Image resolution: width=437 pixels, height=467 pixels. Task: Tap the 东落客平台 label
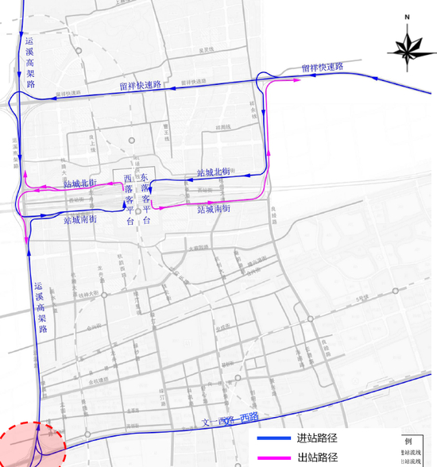pos(145,199)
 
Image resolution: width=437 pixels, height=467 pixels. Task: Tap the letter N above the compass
pos(406,16)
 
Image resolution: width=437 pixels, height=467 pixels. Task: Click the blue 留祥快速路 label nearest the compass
pos(322,68)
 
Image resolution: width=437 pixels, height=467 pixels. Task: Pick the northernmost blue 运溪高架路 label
pos(31,61)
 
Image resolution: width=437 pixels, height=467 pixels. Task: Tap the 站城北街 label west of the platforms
pos(79,183)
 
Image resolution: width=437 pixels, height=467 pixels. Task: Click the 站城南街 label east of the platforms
pos(214,209)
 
